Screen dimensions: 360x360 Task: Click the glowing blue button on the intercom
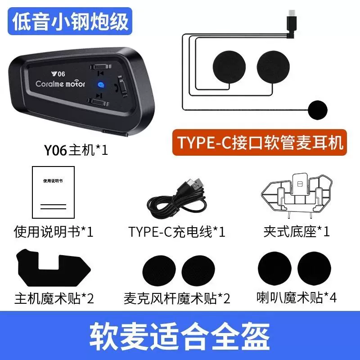pos(101,85)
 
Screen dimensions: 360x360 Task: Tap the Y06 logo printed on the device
pos(58,74)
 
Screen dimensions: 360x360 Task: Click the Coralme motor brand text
pos(60,84)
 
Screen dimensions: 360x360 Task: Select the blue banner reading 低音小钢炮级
pos(70,21)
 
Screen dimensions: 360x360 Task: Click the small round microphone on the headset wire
pos(318,110)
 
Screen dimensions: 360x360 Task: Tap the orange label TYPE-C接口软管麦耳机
pos(260,142)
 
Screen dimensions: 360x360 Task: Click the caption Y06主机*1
pos(76,150)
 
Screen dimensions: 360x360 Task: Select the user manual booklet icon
pos(53,193)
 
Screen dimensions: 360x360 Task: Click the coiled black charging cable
pos(177,202)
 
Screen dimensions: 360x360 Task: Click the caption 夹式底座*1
pos(297,231)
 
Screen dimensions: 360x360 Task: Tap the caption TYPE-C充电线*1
pos(177,232)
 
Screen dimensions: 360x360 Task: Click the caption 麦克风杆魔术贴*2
pos(177,298)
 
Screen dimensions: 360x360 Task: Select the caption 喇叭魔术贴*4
pos(297,297)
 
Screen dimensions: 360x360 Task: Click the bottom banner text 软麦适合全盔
pos(180,336)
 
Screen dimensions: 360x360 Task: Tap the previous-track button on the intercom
pos(100,67)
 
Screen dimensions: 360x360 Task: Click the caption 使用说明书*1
pos(54,231)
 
